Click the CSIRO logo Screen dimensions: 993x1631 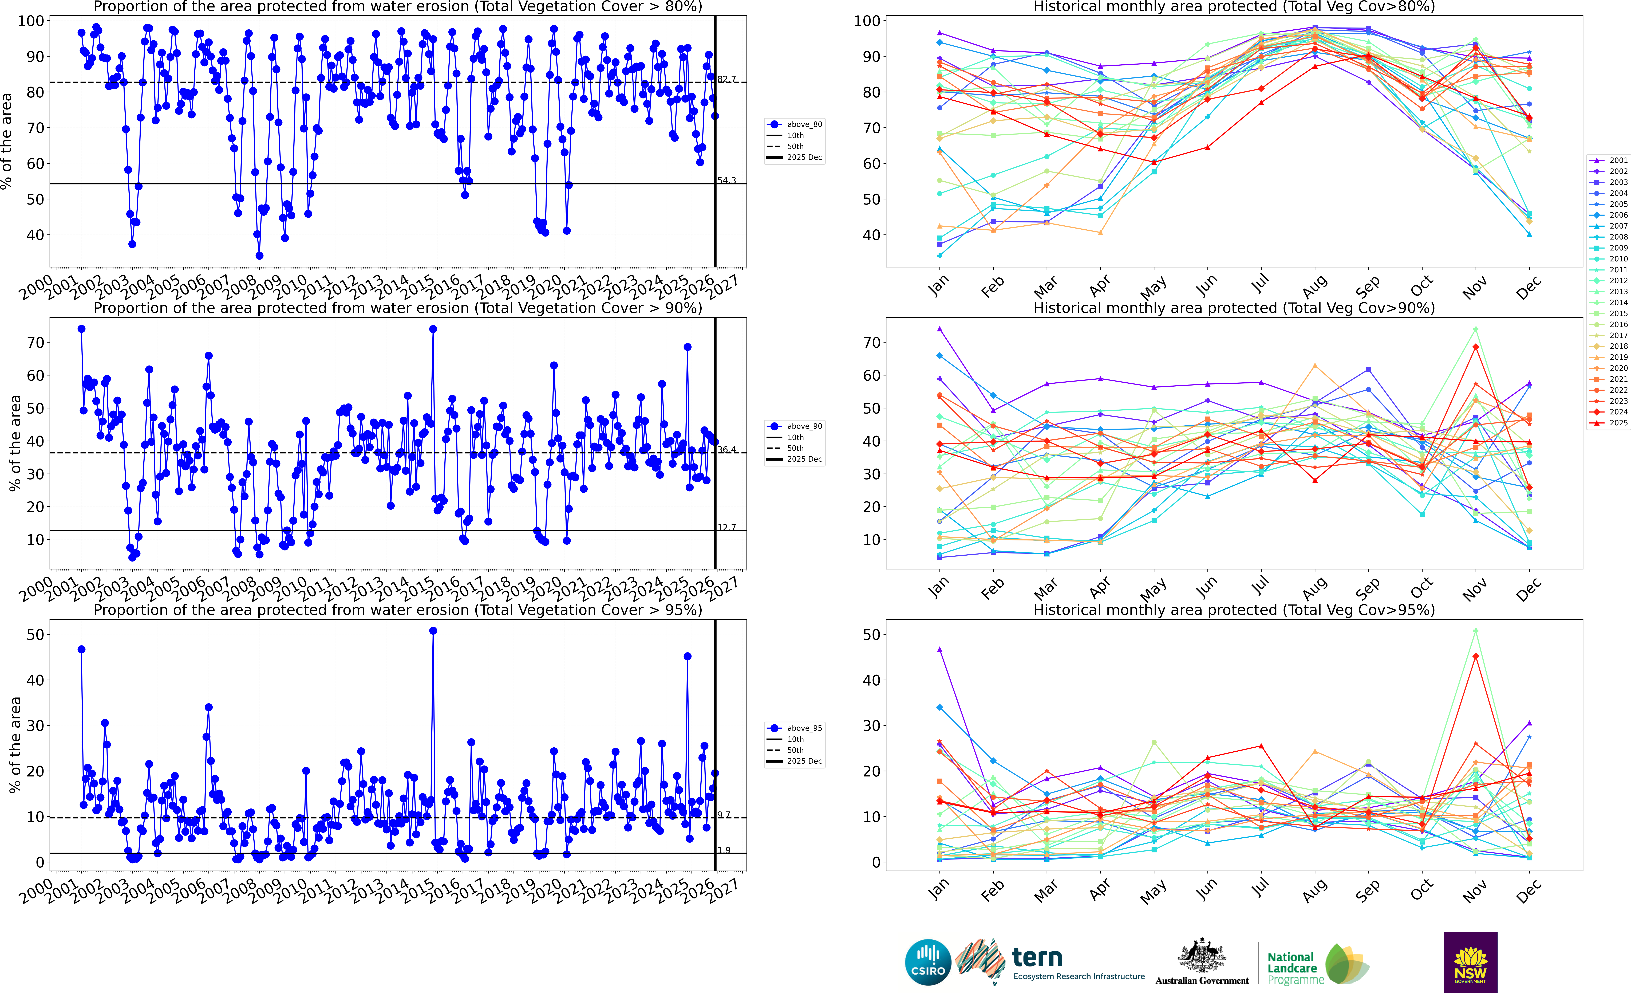tap(928, 962)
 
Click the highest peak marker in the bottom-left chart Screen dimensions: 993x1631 tap(433, 631)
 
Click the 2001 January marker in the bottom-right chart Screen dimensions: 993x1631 tap(940, 649)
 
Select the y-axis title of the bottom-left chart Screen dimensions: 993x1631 tap(15, 745)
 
